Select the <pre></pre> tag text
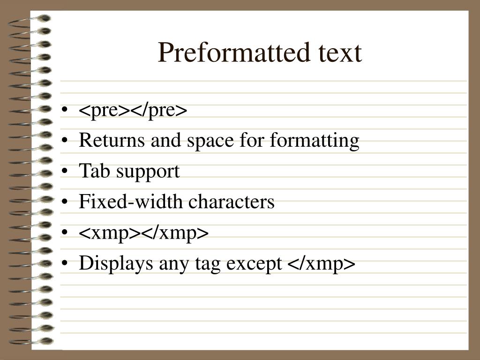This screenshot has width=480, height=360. tap(133, 111)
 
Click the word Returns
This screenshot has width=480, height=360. tap(112, 140)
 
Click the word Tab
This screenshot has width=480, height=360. tap(94, 171)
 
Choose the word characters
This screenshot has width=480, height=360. tap(232, 202)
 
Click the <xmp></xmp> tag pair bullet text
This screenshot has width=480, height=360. tap(143, 233)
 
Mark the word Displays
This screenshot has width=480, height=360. tap(116, 264)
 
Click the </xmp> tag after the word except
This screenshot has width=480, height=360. tap(322, 263)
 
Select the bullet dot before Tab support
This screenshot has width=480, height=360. tap(64, 171)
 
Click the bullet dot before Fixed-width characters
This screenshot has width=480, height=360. tap(64, 202)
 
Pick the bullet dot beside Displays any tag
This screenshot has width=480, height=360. tap(64, 263)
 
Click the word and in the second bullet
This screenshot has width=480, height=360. tap(165, 140)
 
